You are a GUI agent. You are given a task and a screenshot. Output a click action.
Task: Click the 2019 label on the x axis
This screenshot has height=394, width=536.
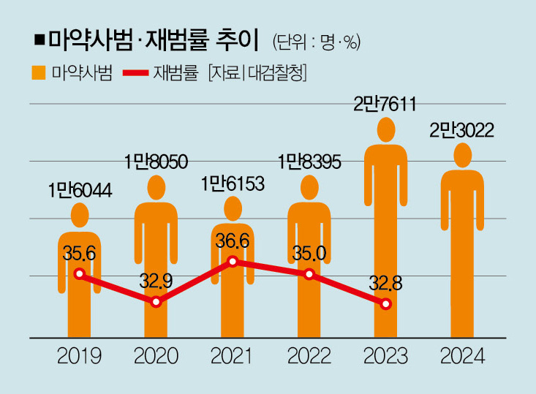(x=80, y=357)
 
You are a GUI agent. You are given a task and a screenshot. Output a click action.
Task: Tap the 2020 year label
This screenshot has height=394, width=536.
(x=156, y=357)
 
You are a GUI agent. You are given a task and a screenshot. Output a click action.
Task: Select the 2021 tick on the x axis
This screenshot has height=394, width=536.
(x=232, y=357)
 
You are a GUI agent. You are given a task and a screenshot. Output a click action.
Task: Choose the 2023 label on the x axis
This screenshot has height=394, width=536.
(x=386, y=357)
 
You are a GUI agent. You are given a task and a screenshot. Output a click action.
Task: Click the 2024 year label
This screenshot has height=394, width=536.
(x=462, y=357)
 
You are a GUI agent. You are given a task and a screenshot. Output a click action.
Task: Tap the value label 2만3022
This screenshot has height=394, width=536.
(x=462, y=131)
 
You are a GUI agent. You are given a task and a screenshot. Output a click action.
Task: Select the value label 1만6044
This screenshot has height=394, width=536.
(x=80, y=191)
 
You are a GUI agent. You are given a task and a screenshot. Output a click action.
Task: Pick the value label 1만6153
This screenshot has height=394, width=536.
(x=233, y=183)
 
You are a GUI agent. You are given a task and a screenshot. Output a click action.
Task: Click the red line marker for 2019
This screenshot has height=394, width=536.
(x=80, y=274)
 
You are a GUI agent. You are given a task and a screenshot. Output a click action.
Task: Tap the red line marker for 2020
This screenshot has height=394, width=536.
(x=156, y=302)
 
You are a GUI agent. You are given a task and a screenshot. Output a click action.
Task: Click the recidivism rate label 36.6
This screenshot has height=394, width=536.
(x=233, y=240)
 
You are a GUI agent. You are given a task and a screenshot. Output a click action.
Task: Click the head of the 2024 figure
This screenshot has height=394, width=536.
(x=462, y=155)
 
